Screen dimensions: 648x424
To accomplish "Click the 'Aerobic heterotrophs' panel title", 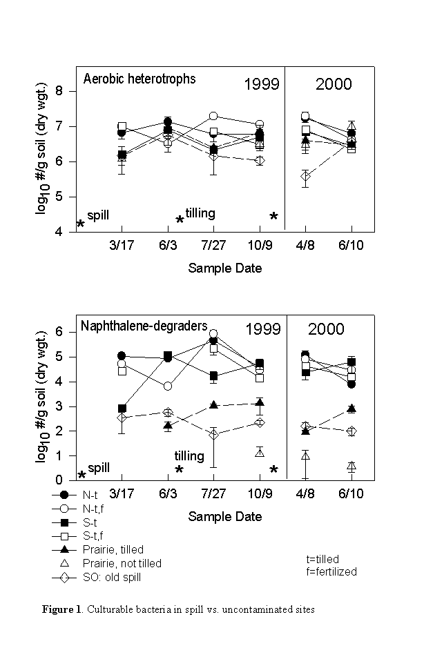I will pos(139,79).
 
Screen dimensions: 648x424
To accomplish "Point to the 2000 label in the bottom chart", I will pos(326,329).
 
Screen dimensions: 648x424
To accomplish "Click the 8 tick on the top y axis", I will pos(59,91).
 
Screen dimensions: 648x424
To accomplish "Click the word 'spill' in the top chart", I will pos(99,215).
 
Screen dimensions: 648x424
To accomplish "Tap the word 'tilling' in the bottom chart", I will pos(189,456).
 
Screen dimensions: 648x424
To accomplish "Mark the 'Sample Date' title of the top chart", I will pos(224,268).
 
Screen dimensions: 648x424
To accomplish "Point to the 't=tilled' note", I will pos(322,559).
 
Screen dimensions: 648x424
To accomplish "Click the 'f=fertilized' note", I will pos(331,571).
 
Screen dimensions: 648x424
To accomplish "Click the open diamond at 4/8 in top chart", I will pos(305,177).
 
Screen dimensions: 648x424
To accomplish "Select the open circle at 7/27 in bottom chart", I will pos(213,334).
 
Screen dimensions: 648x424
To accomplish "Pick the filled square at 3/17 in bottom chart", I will pos(122,409).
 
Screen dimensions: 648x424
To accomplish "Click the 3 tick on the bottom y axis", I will pos(59,406).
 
